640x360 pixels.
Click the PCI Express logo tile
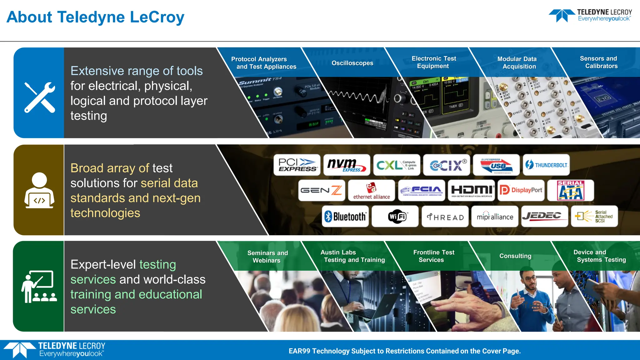297,165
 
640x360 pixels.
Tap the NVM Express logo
347,165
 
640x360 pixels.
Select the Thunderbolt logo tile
546,165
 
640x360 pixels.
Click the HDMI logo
471,190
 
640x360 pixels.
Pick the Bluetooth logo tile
345,216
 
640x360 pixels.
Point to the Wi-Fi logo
397,216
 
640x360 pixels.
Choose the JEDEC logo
544,216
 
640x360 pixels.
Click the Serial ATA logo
571,190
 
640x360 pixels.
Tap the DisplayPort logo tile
521,190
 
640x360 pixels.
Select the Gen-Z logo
321,190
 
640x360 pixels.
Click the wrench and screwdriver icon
39,97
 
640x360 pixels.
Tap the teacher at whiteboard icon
39,287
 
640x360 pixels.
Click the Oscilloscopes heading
352,63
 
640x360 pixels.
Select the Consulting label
515,256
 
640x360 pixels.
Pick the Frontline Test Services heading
433,256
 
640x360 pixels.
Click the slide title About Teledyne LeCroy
95,17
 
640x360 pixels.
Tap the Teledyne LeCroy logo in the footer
55,350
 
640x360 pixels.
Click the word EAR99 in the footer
299,351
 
